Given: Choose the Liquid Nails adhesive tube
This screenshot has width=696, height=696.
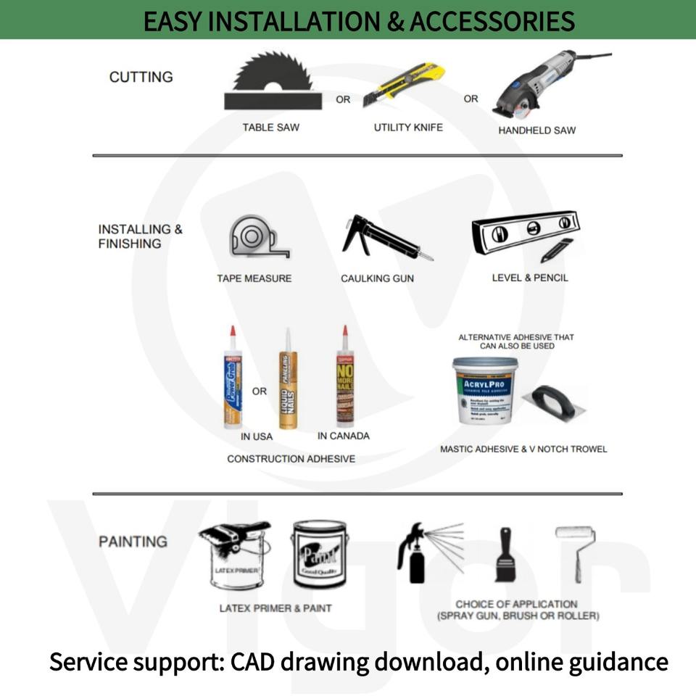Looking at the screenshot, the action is (x=288, y=381).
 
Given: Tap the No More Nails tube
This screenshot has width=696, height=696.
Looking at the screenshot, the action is (x=344, y=381).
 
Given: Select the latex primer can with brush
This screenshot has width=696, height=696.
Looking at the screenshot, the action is (x=232, y=555).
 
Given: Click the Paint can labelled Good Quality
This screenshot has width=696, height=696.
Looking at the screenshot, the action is (x=320, y=555).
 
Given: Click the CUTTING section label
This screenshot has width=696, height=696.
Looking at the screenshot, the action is (x=141, y=77).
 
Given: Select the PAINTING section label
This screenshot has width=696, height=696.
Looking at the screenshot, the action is (x=133, y=542).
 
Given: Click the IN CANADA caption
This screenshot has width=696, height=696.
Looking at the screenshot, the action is (x=344, y=436).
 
